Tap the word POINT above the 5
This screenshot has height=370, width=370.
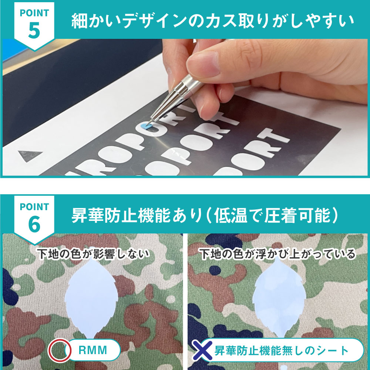[x=34, y=13]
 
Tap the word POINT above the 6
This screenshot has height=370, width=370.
[x=34, y=207]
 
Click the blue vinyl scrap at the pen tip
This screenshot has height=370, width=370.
[x=144, y=126]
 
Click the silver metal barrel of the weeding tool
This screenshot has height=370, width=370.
[x=175, y=94]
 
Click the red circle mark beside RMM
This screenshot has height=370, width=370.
[x=60, y=350]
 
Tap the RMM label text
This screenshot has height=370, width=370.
[x=93, y=350]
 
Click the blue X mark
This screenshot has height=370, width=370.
[x=202, y=350]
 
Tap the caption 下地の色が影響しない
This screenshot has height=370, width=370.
[x=93, y=254]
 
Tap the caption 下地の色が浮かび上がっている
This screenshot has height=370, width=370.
[x=277, y=254]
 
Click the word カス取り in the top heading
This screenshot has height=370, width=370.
[x=238, y=21]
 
